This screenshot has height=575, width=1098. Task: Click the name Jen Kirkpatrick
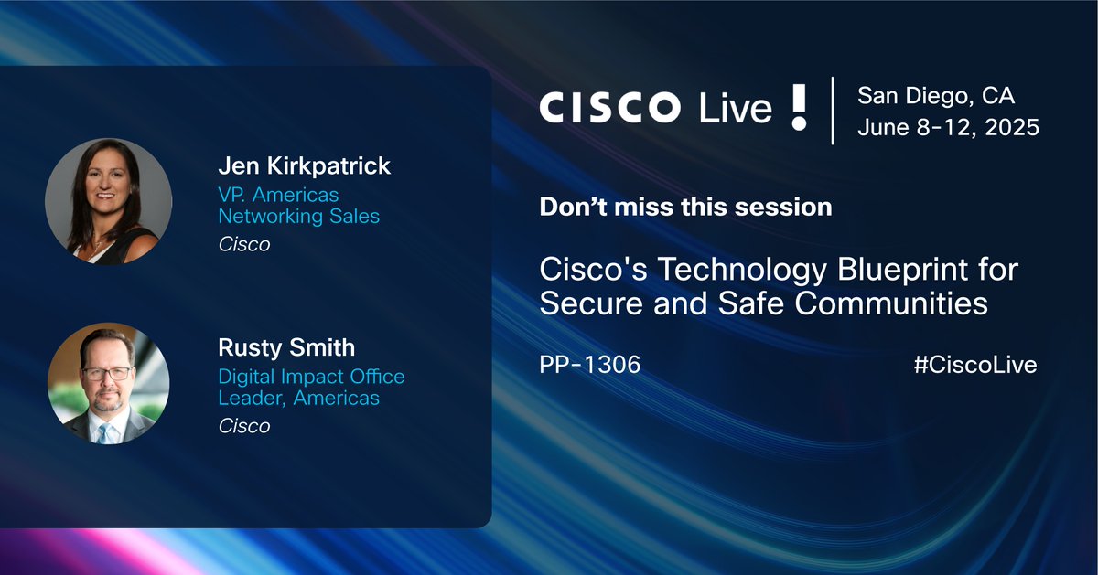tap(304, 165)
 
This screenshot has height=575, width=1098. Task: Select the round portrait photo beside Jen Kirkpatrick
tap(108, 202)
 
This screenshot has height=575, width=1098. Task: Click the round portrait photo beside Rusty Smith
tap(108, 383)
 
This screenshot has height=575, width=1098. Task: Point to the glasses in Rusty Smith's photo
tap(106, 374)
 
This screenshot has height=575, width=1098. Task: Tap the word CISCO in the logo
tap(608, 108)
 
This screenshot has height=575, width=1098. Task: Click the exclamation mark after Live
tap(799, 108)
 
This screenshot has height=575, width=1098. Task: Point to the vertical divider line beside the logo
tap(832, 111)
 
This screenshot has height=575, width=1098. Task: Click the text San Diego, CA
tap(936, 95)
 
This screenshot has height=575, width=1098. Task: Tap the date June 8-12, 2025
tap(948, 127)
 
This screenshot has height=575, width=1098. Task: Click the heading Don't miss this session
tap(685, 208)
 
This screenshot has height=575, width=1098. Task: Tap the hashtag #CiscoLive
tap(974, 365)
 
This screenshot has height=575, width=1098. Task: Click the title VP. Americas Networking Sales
tap(298, 206)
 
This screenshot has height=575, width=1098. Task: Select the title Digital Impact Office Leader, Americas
tap(310, 388)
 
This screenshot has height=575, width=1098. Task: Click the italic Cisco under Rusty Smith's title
tap(243, 426)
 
